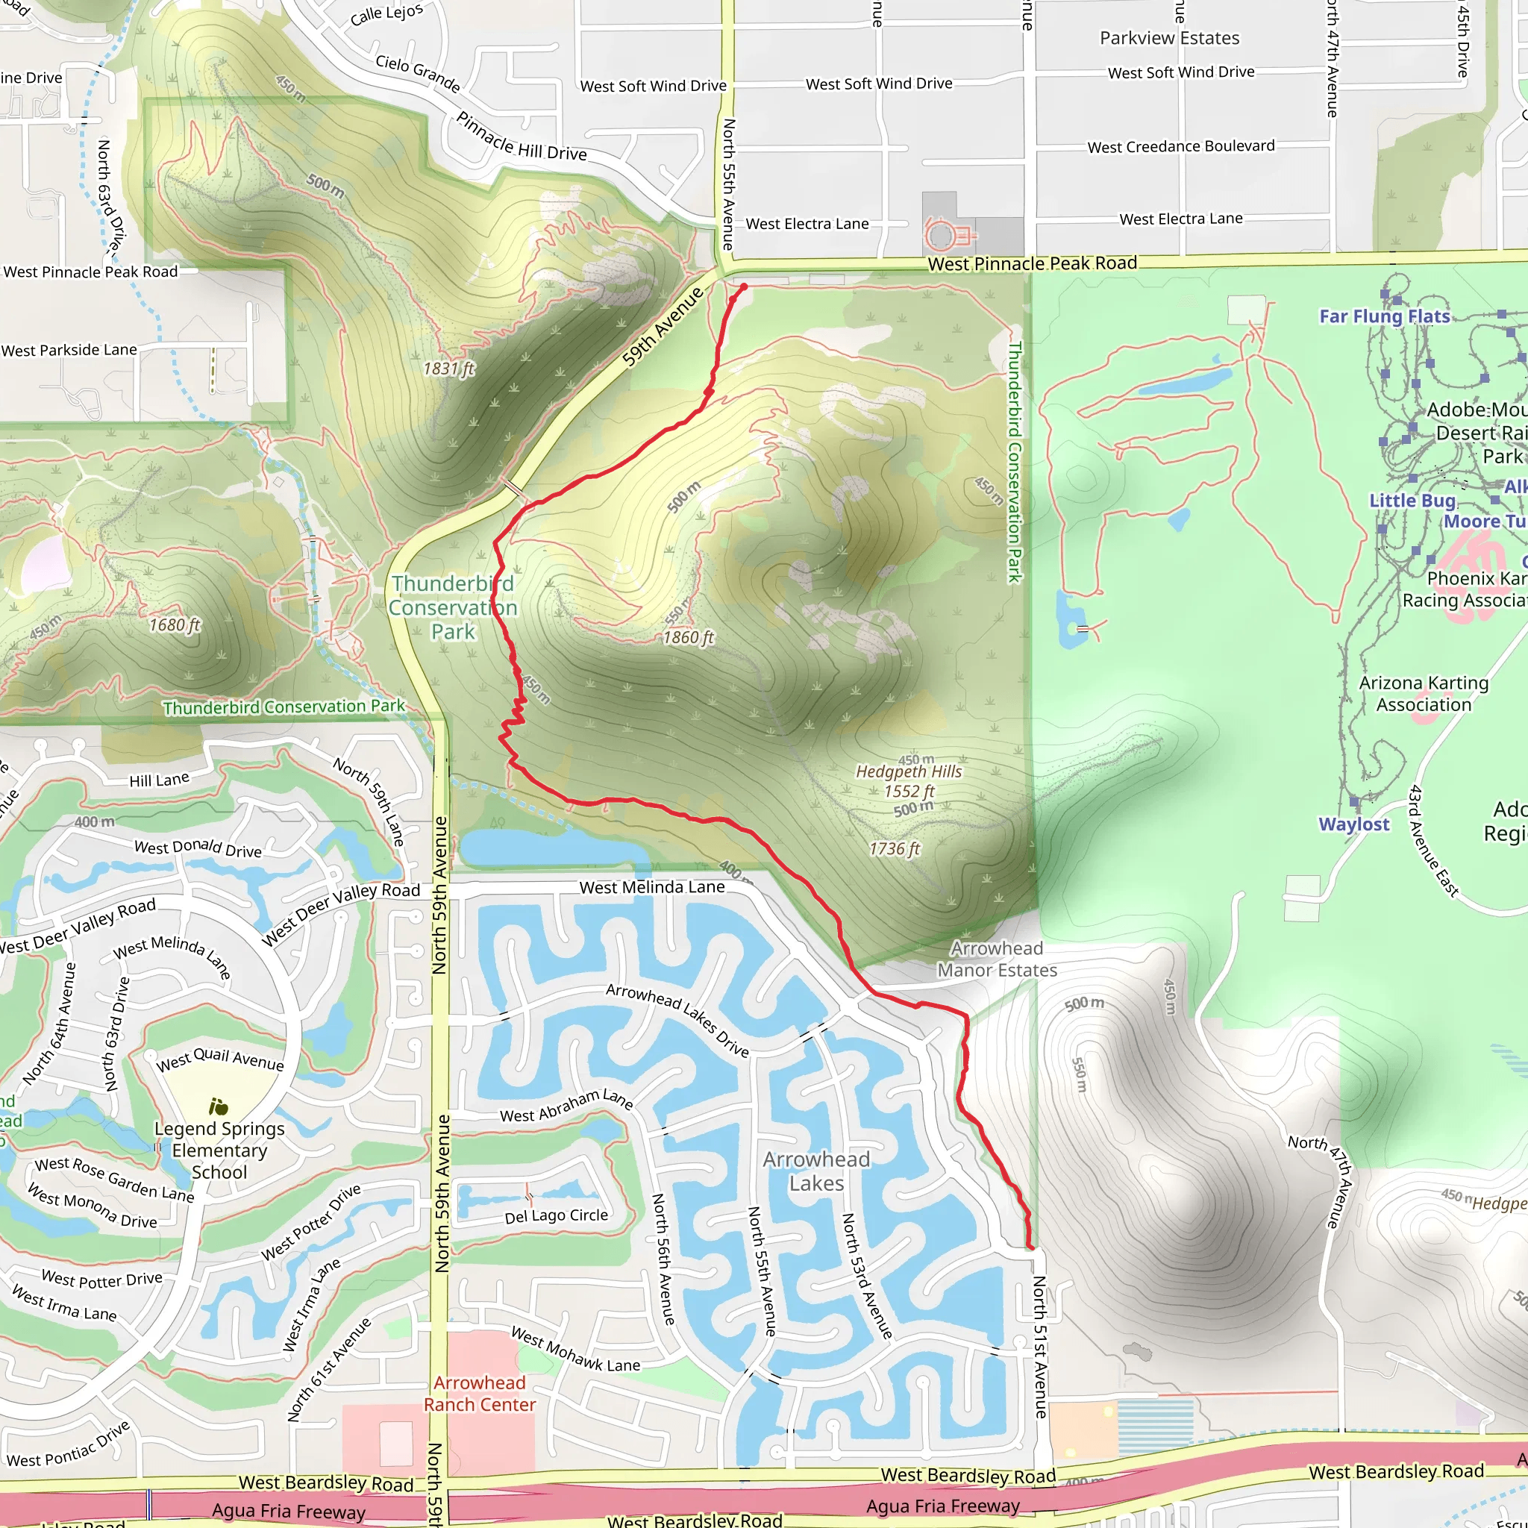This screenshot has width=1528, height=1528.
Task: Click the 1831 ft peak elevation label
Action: click(448, 369)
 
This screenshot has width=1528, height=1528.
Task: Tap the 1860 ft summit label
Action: click(688, 637)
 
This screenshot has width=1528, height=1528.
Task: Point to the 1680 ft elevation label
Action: click(175, 624)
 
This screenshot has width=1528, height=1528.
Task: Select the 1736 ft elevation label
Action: click(895, 848)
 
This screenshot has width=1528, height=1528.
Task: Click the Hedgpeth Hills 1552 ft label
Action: click(909, 780)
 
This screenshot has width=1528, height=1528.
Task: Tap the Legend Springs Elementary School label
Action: click(219, 1150)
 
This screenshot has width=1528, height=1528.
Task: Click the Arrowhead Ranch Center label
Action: click(479, 1394)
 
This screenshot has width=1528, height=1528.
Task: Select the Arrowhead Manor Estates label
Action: click(997, 959)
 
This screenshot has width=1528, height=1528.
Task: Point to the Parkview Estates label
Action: click(1169, 38)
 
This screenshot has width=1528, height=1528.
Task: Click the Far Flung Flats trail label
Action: click(1384, 316)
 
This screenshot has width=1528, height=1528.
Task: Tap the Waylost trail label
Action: click(1353, 824)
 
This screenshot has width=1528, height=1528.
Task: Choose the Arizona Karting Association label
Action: click(1424, 694)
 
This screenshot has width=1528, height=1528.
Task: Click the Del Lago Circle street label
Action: click(556, 1215)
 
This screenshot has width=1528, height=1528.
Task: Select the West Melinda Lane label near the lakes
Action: click(651, 887)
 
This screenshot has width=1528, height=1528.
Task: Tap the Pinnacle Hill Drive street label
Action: click(522, 137)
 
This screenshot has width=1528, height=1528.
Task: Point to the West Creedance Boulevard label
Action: click(1181, 146)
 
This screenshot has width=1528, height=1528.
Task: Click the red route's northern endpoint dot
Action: click(743, 287)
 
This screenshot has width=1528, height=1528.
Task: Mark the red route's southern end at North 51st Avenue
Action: click(1030, 1247)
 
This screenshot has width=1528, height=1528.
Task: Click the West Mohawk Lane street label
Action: click(575, 1349)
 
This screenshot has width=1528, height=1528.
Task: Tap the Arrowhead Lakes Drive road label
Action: click(677, 1020)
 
